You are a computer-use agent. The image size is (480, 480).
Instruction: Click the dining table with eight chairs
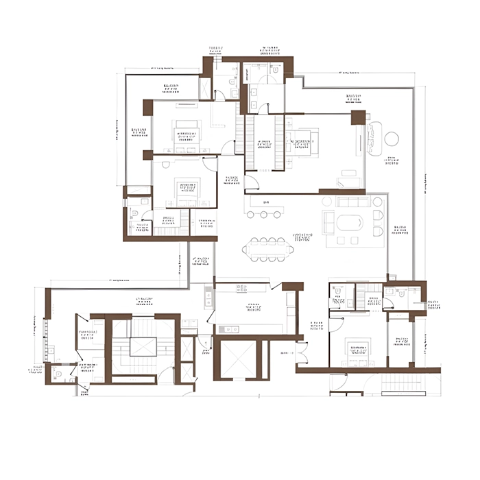coord(267,248)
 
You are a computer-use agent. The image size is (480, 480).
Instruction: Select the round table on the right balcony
coord(392,139)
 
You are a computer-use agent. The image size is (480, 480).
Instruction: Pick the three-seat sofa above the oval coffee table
coord(352,202)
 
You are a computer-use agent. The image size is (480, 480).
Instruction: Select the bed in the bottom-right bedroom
coord(357,354)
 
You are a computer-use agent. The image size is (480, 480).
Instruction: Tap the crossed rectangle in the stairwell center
coord(143,347)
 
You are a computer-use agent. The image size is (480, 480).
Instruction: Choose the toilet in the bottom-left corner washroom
coord(59,374)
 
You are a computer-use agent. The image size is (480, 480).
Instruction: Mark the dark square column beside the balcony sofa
coord(358,117)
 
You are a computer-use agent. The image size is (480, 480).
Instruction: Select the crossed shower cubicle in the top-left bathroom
coord(206,88)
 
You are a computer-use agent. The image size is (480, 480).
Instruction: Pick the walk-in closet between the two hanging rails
coord(260,143)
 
